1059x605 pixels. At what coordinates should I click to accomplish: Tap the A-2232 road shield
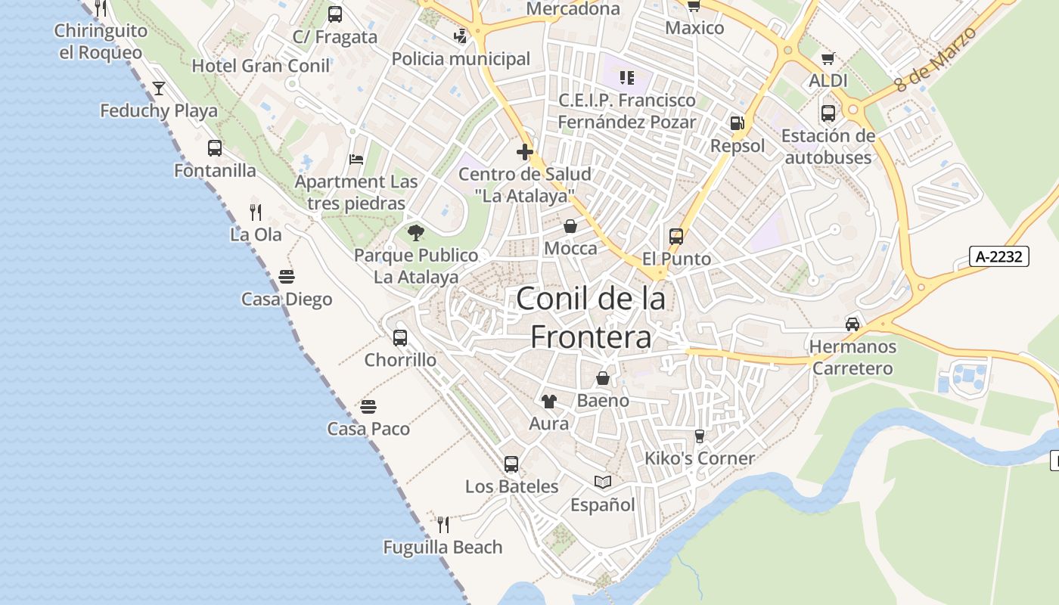(x=999, y=256)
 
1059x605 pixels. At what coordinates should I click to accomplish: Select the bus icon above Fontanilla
(x=215, y=148)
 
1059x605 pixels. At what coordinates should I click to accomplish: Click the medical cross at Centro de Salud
(x=525, y=152)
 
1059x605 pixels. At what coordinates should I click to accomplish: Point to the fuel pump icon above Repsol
(x=737, y=123)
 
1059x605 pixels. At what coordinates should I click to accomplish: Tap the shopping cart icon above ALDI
(x=828, y=58)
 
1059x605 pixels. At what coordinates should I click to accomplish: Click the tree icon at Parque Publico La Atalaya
(x=415, y=233)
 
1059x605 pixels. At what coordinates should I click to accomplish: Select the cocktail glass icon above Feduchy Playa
(x=158, y=88)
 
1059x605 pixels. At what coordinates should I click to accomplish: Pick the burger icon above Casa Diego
(x=287, y=277)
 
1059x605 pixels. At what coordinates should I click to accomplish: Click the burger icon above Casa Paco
(x=368, y=407)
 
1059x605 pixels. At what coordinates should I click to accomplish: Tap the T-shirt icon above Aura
(x=548, y=402)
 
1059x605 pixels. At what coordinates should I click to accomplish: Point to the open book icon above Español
(x=603, y=482)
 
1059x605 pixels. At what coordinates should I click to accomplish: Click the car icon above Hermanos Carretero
(x=852, y=324)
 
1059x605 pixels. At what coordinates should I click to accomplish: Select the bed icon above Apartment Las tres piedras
(x=356, y=160)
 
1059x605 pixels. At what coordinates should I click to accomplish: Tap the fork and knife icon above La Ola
(x=256, y=212)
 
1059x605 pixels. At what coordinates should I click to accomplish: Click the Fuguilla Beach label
(x=443, y=547)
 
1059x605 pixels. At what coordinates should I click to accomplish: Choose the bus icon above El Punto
(x=676, y=237)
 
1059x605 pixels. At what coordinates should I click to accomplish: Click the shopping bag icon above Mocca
(x=570, y=226)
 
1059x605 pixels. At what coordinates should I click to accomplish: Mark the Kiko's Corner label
(x=700, y=458)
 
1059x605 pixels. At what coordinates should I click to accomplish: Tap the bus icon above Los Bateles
(x=511, y=464)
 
